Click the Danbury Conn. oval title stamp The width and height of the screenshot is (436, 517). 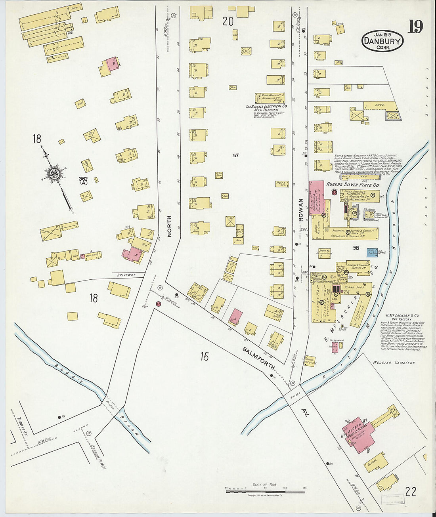point(382,41)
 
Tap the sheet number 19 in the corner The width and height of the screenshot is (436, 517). point(415,27)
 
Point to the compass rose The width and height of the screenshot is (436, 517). point(54,174)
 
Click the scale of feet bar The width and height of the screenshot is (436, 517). point(265,491)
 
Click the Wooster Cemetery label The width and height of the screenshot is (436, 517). point(394,362)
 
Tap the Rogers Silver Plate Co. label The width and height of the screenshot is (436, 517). point(352,185)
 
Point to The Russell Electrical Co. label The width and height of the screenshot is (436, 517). point(266,107)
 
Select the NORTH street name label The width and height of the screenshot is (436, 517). point(169,226)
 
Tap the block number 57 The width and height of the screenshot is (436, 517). point(236,155)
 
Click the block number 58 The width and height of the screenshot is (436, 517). point(356,248)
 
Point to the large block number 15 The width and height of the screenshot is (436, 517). point(204,357)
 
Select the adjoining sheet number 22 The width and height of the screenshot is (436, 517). point(411,492)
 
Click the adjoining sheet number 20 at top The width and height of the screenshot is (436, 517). point(228,21)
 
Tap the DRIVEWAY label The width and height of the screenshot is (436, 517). point(126,275)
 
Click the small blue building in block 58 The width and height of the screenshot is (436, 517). point(373,252)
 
